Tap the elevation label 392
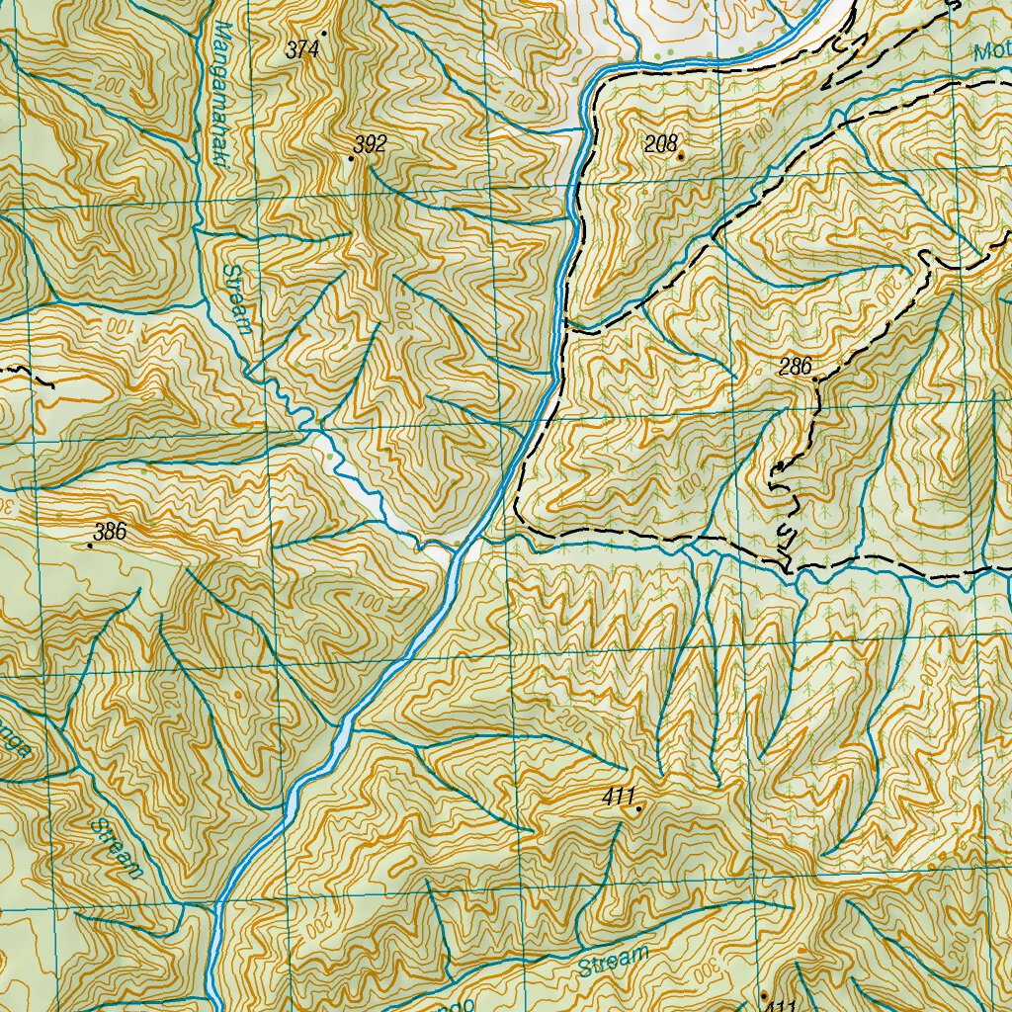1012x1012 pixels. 370,145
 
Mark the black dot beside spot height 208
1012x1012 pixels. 680,155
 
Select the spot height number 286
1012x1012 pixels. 795,368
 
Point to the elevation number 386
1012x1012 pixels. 110,532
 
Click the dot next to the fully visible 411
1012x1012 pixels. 638,808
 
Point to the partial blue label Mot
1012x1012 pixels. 990,53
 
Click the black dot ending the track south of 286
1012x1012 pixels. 779,464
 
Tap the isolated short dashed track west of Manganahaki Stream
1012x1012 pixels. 30,375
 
